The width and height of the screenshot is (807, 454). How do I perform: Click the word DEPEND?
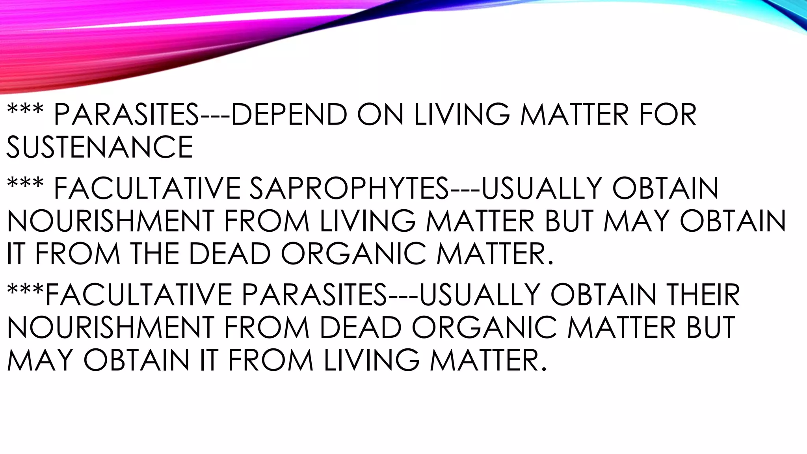coord(289,115)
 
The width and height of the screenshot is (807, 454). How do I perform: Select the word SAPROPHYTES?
coord(349,188)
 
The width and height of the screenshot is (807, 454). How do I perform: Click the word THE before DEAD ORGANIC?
coord(155,253)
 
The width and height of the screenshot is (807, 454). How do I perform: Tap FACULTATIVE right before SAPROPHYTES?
coord(147,188)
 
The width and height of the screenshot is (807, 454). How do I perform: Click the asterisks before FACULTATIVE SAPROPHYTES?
coord(25,184)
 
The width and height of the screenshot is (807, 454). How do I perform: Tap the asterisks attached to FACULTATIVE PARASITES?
coord(25,290)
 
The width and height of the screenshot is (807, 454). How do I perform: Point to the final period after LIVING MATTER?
coord(544,369)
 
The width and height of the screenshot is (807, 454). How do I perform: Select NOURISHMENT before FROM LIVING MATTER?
coord(110,221)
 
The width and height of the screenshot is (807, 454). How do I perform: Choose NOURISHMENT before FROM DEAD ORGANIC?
coord(110,327)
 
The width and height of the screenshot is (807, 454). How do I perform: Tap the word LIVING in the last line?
coord(372,360)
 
